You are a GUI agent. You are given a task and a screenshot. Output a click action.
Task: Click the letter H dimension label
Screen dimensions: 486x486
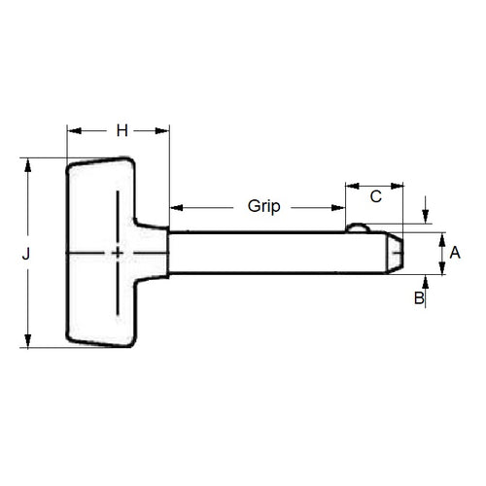(x=121, y=129)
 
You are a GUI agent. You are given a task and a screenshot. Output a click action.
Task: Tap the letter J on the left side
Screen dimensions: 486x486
(x=27, y=254)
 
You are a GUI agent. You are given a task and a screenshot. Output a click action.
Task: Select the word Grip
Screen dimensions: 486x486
(x=263, y=206)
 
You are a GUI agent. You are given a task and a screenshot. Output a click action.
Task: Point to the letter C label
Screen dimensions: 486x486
(x=374, y=196)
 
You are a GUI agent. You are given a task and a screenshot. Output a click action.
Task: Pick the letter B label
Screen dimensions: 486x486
(x=419, y=298)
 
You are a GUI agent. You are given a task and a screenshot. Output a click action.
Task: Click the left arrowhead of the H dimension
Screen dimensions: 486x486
(x=71, y=129)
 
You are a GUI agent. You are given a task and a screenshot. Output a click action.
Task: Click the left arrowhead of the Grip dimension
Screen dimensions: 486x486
(x=176, y=206)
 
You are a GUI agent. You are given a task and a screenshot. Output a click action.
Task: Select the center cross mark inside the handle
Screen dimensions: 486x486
(x=118, y=254)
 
